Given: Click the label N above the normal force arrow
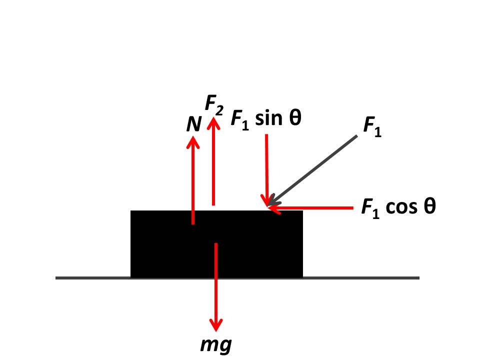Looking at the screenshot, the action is (193, 124).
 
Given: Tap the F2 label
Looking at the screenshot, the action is (214, 104).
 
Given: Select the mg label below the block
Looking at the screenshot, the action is (216, 345).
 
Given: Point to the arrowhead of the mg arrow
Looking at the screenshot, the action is (216, 324).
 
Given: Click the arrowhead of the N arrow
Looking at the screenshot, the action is (193, 142).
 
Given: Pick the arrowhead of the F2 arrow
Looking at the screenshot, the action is (213, 123).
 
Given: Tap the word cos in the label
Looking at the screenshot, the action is (401, 207).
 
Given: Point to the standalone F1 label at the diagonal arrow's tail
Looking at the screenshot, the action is (372, 126).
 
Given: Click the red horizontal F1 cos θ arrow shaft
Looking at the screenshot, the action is (311, 208).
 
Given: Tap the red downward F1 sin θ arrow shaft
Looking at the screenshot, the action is (266, 170).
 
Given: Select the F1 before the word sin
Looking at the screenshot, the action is (240, 120).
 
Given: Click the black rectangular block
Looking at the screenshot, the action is (216, 244).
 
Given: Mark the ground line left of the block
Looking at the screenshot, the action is (93, 278).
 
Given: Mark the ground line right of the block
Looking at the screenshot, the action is (361, 278).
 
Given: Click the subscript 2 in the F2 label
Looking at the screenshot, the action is (219, 110).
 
